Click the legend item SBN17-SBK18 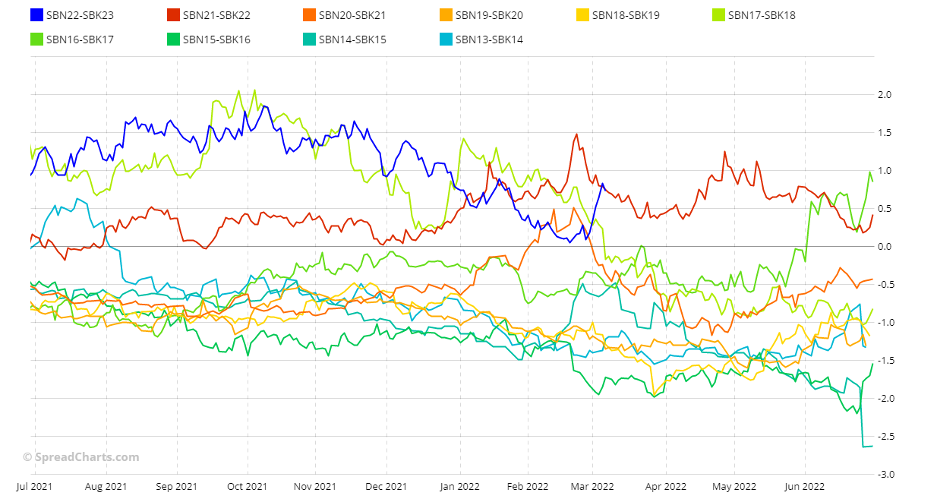762,15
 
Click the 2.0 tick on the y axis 884,95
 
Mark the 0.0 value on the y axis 884,247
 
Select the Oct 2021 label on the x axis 247,486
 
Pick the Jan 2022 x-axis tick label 459,486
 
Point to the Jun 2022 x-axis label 804,486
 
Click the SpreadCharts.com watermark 80,457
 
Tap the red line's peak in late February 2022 577,134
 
